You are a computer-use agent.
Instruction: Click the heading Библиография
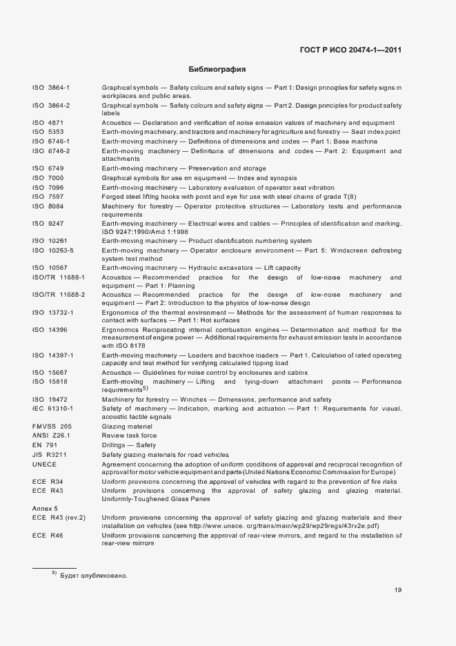coord(217,70)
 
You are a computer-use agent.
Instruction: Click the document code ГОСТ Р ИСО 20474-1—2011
coord(350,50)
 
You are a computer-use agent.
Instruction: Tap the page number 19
coord(398,589)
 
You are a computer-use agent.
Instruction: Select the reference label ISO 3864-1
coord(51,88)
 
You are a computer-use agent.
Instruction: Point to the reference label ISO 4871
coord(48,121)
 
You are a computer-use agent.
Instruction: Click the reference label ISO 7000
coord(48,178)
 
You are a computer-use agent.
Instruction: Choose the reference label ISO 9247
coord(48,224)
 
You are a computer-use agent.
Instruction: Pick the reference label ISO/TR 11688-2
coord(58,295)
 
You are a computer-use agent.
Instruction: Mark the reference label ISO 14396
coord(50,330)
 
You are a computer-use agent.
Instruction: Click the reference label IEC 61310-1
coord(52,409)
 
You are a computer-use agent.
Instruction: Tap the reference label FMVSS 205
coord(52,427)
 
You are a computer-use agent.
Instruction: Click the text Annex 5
coord(46,507)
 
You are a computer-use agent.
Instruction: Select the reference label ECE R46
coord(48,535)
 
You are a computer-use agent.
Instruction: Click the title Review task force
coord(129,435)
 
